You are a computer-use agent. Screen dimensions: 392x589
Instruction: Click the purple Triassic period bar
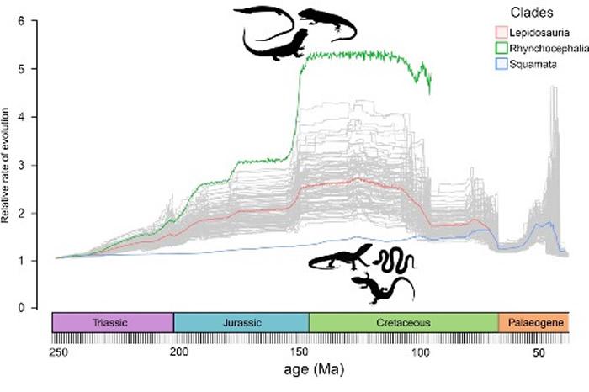[x=113, y=323]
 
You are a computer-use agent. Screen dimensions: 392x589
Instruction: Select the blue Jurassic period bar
[x=241, y=323]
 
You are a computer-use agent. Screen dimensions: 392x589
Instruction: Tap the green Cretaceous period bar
[x=404, y=323]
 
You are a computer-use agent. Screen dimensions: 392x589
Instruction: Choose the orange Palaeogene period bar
[x=533, y=323]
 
